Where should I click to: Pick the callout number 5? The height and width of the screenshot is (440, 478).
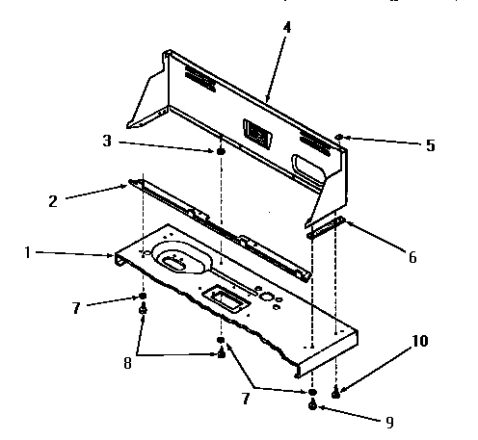(430, 145)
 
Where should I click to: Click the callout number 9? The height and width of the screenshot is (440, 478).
(389, 421)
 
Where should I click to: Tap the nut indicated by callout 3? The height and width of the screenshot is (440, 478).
(221, 151)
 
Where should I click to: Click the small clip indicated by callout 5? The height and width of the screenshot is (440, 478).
(340, 138)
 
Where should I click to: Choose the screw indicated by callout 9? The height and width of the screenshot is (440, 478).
(314, 406)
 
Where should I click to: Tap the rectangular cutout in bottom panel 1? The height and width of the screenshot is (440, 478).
(226, 300)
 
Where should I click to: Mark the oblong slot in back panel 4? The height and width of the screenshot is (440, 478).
(309, 166)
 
